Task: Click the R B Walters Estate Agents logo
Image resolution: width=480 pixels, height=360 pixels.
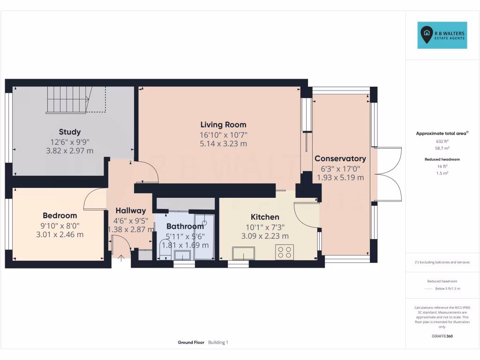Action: (x=442, y=35)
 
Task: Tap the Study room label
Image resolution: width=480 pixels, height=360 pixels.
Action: (x=69, y=132)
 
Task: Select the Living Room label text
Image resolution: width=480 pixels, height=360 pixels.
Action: (x=223, y=125)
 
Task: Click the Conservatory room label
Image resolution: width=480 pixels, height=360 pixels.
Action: (x=340, y=158)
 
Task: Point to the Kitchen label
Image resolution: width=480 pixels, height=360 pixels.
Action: (x=265, y=217)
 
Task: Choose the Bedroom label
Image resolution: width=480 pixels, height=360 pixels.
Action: (x=60, y=216)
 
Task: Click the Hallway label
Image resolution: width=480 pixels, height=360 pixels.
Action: (x=131, y=211)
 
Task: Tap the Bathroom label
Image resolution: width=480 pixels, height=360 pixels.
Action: (x=185, y=226)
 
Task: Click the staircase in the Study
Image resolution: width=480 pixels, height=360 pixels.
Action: (x=67, y=99)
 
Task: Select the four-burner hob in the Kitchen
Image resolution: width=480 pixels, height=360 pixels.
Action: (x=285, y=252)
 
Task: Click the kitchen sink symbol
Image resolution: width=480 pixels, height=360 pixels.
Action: (x=243, y=254)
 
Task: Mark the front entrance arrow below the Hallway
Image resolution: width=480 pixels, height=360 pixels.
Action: (x=121, y=257)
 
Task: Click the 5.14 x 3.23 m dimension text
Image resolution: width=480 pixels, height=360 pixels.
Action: (x=223, y=144)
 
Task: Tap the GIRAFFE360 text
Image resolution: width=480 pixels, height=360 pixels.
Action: (x=442, y=336)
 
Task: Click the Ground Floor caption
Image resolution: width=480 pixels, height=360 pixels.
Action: (x=191, y=343)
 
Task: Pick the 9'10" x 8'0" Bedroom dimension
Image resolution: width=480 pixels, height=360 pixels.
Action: (x=60, y=225)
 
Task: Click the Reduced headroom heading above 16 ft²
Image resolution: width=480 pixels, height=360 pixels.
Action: (x=442, y=159)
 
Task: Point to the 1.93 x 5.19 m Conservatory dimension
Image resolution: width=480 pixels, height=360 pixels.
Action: (x=340, y=178)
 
